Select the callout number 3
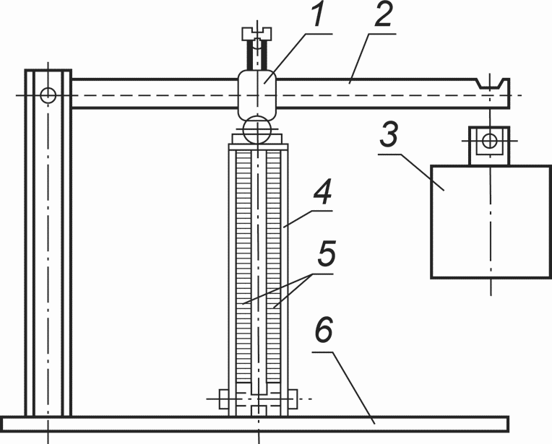point(389,134)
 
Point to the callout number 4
point(323,192)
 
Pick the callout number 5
point(326,253)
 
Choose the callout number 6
point(324,331)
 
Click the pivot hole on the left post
point(48,95)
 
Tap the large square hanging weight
point(491,222)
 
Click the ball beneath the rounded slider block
point(258,130)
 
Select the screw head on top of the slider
point(257,34)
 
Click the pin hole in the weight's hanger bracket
point(489,141)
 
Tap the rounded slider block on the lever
point(257,95)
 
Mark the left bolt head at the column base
point(223,399)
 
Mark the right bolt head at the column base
point(293,399)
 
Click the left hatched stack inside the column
point(243,266)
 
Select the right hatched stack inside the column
point(274,266)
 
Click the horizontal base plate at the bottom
point(255,424)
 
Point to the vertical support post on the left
point(48,243)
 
